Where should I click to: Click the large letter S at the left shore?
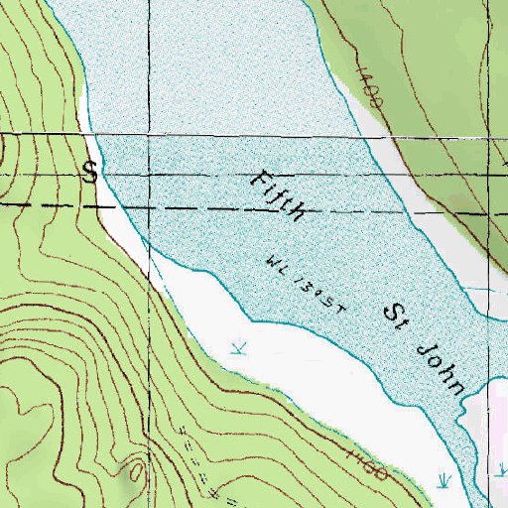[90, 172]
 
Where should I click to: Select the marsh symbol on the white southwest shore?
[236, 346]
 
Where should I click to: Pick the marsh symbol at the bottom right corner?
[444, 479]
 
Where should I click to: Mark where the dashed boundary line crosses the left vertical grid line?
[152, 209]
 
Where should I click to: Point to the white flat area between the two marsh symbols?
[337, 397]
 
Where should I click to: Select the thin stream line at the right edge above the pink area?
[486, 289]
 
